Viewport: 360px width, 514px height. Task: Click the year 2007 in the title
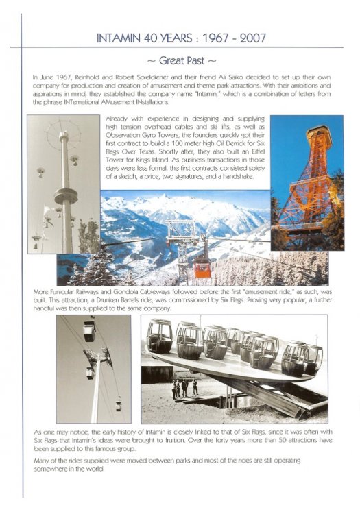[x=252, y=38]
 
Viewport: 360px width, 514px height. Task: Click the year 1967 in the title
[x=215, y=38]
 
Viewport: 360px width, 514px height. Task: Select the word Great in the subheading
[x=172, y=60]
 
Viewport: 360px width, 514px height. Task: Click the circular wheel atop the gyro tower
[x=63, y=134]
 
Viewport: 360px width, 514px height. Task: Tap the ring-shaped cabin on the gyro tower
[x=67, y=196]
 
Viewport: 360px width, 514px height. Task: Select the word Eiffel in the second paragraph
[x=257, y=151]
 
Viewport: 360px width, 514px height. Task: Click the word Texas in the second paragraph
[x=149, y=151]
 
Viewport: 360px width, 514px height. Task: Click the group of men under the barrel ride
[x=184, y=389]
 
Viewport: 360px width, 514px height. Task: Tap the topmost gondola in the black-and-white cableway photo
[x=89, y=330]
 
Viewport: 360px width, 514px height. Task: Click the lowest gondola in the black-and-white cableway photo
[x=119, y=406]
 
